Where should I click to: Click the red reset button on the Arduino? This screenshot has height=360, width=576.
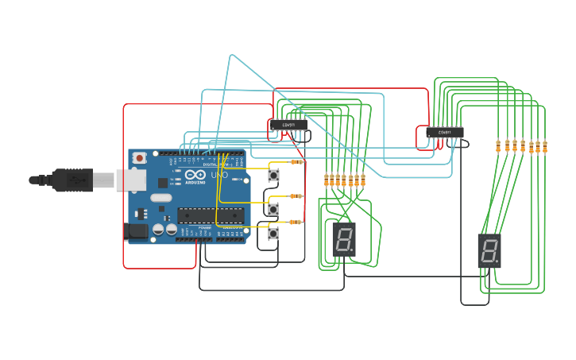coord(140,158)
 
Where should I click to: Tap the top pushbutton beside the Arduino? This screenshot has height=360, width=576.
coord(274,175)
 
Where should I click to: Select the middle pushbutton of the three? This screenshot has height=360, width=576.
coord(274,209)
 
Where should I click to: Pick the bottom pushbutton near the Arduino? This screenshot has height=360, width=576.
coord(274,234)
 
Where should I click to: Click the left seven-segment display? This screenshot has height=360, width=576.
coord(344,239)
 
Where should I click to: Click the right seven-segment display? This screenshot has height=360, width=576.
coord(489,250)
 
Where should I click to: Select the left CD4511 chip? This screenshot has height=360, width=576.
coord(288,125)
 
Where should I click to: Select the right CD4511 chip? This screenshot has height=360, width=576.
coord(444,132)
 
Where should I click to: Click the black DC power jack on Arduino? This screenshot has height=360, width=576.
coord(137,231)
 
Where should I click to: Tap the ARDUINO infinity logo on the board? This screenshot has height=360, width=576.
coord(195,176)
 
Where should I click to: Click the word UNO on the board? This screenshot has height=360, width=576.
coord(219,175)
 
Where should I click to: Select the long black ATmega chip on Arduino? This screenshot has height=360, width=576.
coord(210,215)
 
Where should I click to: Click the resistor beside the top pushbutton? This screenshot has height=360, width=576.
coord(298,162)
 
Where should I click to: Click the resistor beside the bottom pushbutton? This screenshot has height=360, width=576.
coord(296,222)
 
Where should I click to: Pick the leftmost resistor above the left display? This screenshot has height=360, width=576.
coord(327,180)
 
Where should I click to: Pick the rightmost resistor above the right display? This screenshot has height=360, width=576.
coord(546,146)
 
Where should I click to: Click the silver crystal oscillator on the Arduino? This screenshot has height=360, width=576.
coord(160,198)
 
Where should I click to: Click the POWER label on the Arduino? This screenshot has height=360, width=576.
coord(205,227)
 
